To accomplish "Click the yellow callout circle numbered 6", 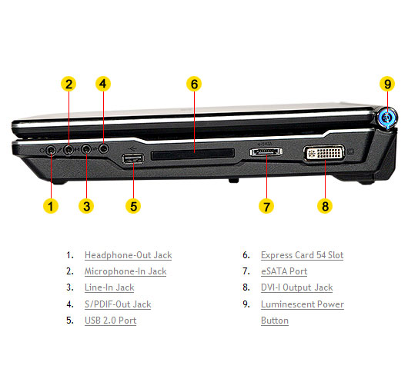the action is [x=194, y=84].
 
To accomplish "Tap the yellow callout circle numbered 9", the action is [x=387, y=84].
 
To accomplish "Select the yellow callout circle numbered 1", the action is [x=51, y=206].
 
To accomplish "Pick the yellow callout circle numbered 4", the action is [x=103, y=84].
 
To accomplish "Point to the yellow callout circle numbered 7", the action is [x=266, y=207].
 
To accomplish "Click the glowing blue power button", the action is [x=388, y=118].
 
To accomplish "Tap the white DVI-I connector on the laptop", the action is [x=324, y=153].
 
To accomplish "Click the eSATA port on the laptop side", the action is [x=266, y=151].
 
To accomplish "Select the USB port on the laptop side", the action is [x=133, y=158].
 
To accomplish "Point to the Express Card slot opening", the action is [x=192, y=154].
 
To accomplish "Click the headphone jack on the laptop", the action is [x=51, y=150].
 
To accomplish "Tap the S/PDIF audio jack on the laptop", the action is [x=104, y=148].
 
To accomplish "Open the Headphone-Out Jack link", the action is [x=129, y=255].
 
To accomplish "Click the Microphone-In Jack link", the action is [x=125, y=271].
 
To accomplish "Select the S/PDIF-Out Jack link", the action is [x=118, y=304].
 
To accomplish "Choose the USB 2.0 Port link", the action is [x=111, y=321].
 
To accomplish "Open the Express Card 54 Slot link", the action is [x=302, y=255].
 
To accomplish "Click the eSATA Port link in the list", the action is [x=284, y=271].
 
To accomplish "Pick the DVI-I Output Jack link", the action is [x=297, y=287].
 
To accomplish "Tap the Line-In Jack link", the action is [x=109, y=287].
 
